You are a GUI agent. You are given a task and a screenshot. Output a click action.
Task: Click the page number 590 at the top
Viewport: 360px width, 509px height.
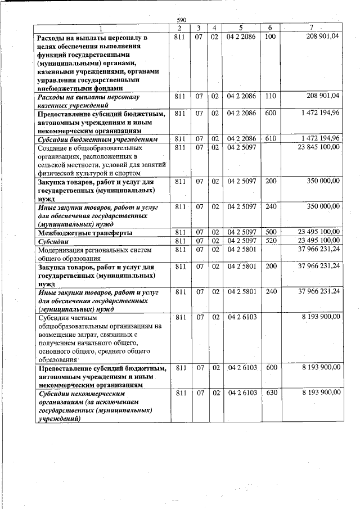pos(181,20)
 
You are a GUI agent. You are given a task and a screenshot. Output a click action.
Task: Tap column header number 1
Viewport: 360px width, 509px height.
pos(101,28)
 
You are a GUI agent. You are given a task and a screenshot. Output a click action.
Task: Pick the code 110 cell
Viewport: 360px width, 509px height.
pos(270,96)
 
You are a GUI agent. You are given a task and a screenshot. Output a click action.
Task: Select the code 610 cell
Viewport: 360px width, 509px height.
pos(270,138)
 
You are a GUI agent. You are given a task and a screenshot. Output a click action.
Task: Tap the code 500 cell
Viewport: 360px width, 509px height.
pos(270,232)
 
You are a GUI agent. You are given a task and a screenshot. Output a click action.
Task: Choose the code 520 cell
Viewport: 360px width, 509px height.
pos(270,240)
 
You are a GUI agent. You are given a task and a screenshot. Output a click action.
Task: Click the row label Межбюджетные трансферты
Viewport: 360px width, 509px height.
pos(85,232)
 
